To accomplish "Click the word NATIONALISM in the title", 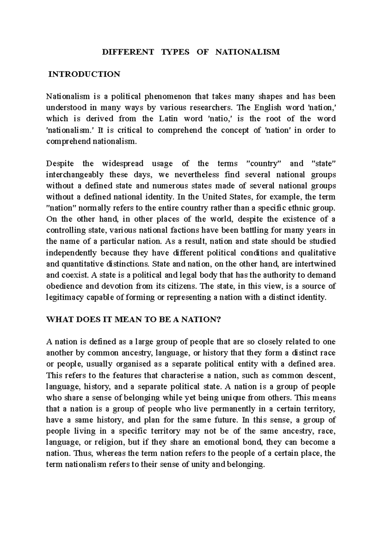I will [x=247, y=52].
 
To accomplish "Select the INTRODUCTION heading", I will [x=84, y=74].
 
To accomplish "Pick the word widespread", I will [x=123, y=164].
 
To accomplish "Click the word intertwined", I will [x=315, y=264].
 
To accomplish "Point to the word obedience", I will [x=62, y=286].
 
